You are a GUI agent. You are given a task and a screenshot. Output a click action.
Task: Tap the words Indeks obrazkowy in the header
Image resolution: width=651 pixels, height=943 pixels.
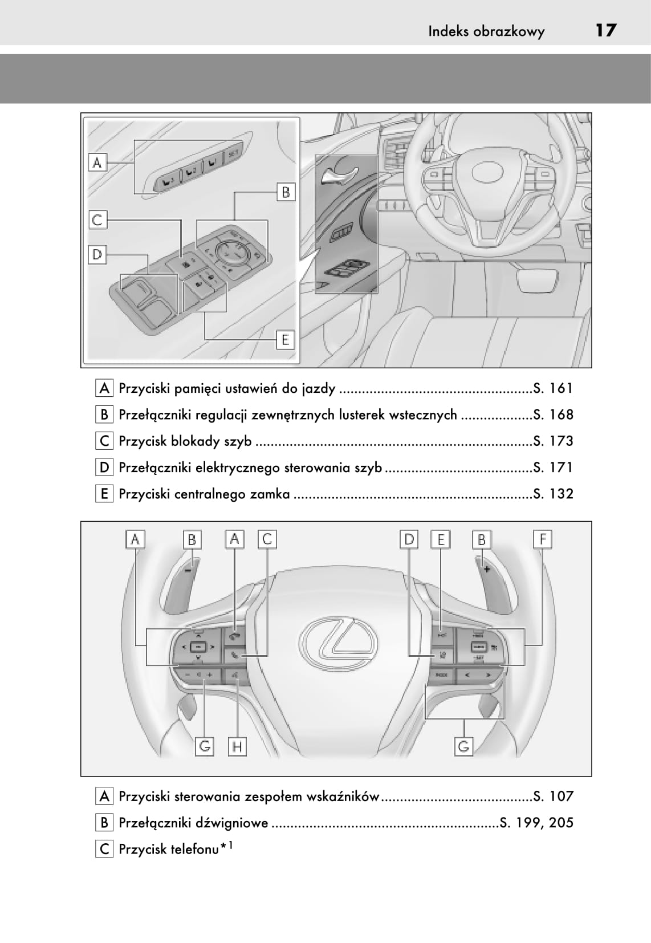click(x=486, y=31)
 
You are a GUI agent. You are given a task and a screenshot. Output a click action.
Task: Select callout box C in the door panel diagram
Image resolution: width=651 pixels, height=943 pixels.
click(x=97, y=220)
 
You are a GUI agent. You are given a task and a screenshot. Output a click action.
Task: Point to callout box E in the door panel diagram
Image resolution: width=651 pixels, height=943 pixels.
click(x=285, y=340)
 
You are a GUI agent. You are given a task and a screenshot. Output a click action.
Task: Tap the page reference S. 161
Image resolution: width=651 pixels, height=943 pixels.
click(x=553, y=389)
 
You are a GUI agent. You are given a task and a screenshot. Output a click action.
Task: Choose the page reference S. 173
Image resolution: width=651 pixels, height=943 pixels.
click(x=553, y=441)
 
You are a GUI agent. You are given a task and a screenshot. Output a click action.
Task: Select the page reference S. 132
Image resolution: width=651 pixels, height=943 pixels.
click(x=553, y=494)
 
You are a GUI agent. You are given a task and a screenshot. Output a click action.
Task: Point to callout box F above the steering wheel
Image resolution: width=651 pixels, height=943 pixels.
click(x=542, y=539)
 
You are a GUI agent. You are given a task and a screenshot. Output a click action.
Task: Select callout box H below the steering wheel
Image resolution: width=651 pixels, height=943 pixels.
click(x=237, y=746)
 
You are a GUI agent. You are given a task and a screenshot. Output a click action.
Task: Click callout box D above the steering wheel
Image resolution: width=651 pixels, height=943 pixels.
click(x=409, y=539)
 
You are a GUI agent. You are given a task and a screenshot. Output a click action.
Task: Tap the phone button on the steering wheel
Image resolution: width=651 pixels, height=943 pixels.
click(x=234, y=656)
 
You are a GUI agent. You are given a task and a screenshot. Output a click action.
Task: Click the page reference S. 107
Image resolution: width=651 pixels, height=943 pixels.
click(x=553, y=796)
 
